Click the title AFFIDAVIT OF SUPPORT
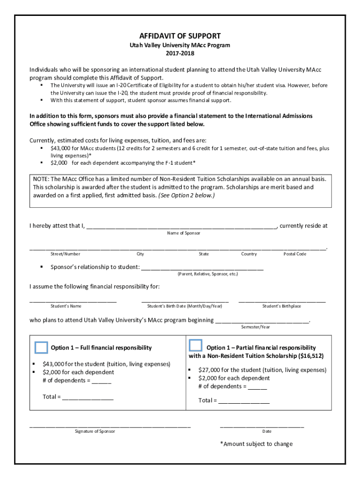(x=180, y=36)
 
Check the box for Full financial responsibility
(x=41, y=347)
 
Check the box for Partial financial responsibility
(x=195, y=346)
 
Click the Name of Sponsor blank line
(x=182, y=227)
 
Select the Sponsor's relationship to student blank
(x=202, y=269)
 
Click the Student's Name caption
(x=66, y=306)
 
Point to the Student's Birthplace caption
(x=281, y=306)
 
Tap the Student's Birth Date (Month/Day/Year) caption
(x=185, y=306)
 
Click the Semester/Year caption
(x=255, y=327)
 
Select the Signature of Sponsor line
(x=110, y=426)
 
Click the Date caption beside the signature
(x=267, y=431)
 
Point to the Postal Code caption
(x=295, y=254)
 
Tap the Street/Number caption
(x=65, y=254)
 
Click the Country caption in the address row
(x=249, y=254)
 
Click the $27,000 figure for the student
(x=210, y=370)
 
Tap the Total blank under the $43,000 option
(x=87, y=398)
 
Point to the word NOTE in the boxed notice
(x=41, y=179)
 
